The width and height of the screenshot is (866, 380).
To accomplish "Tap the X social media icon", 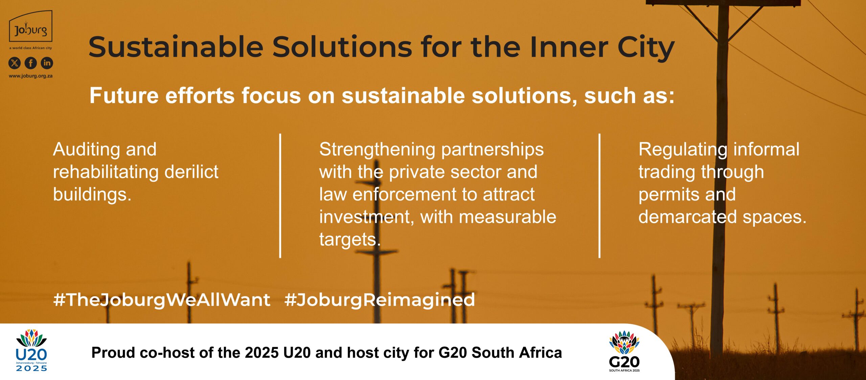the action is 14,63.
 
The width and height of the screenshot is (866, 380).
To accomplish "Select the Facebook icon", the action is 31,63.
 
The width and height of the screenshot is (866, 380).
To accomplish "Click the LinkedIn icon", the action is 47,63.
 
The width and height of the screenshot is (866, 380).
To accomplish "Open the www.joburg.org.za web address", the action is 30,76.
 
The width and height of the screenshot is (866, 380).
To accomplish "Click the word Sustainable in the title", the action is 176,47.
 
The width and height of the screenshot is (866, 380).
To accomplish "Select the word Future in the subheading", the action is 124,95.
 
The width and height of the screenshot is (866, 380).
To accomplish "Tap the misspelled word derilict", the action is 191,172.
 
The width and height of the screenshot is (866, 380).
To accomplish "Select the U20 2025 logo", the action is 31,350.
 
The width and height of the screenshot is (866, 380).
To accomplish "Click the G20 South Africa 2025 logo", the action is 624,351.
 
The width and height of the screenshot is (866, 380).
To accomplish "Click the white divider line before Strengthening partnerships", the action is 280,196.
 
